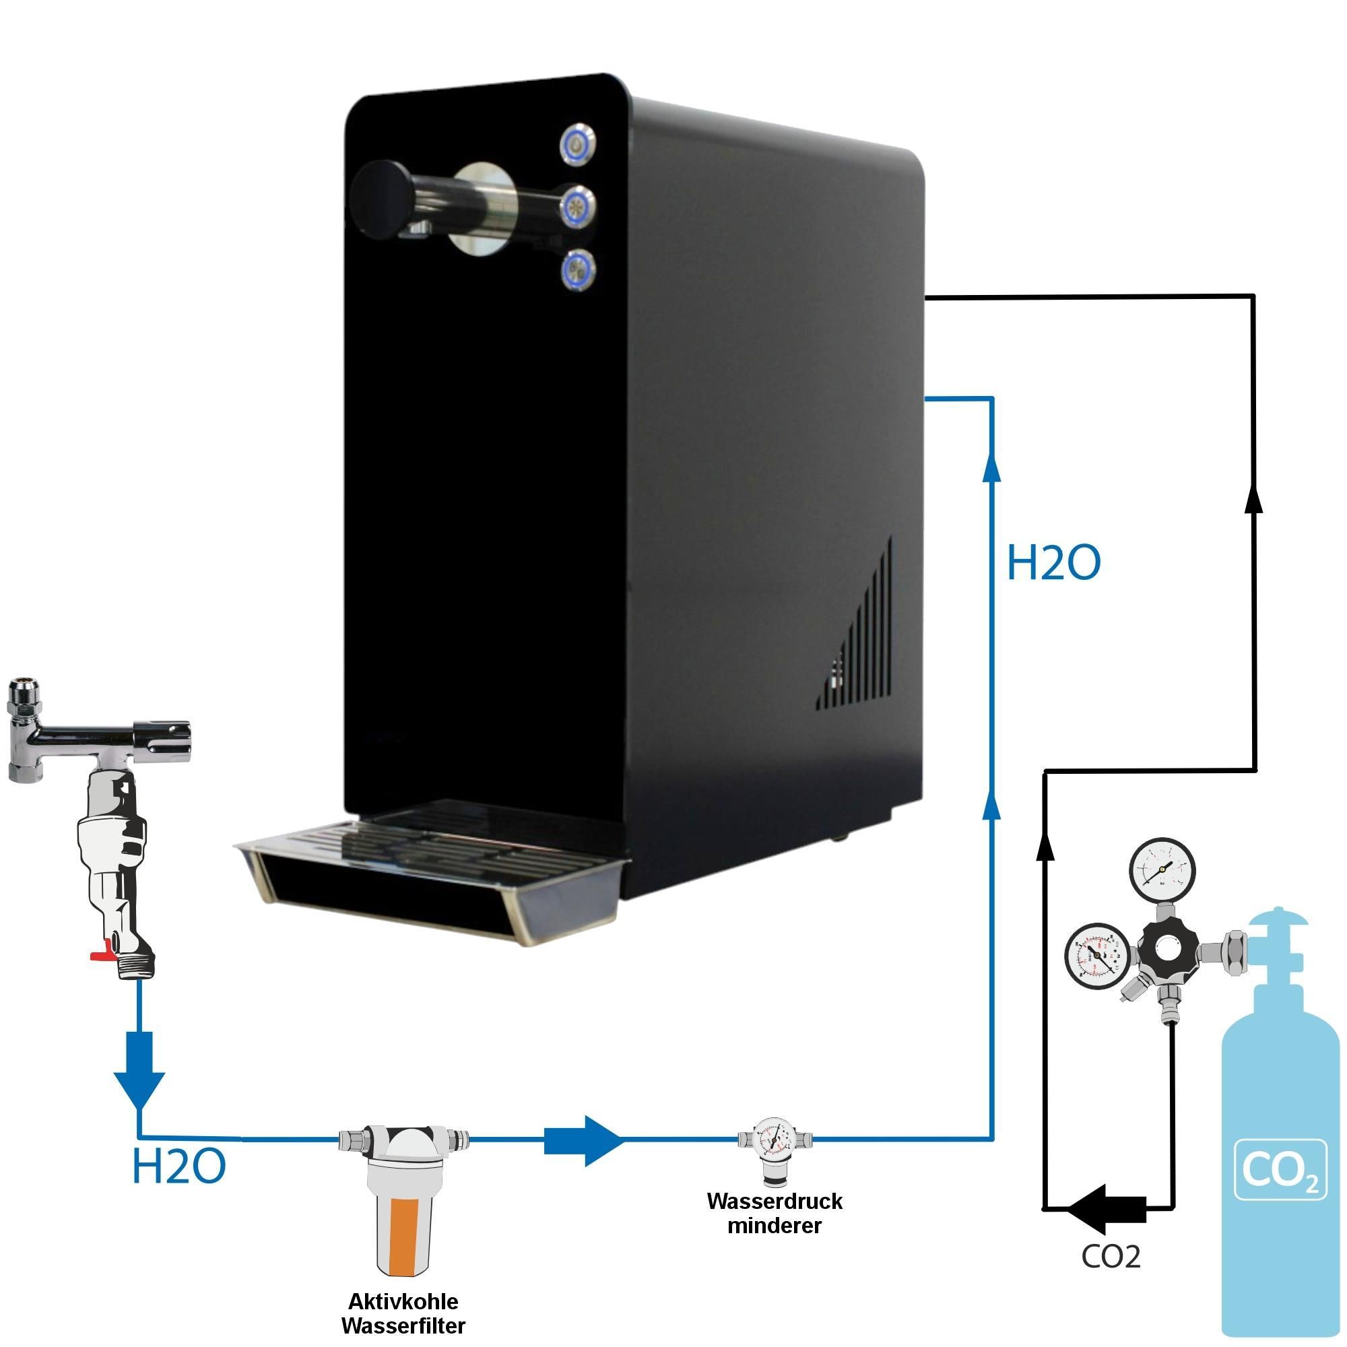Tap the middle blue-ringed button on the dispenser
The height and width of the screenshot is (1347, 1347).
tap(578, 206)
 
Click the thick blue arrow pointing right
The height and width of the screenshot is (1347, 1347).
tap(582, 1140)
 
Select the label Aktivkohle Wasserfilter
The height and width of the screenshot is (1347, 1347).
tap(403, 1313)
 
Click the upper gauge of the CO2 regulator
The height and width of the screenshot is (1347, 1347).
tap(1162, 871)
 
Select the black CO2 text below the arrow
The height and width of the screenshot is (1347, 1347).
tap(1111, 1256)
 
